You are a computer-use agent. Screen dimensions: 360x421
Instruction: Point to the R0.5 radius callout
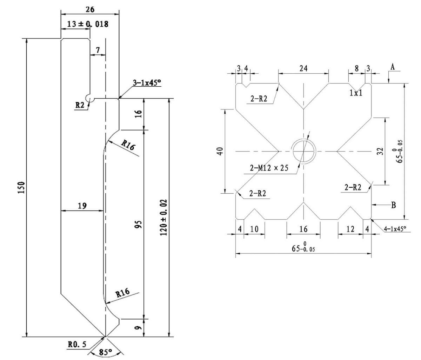(77, 345)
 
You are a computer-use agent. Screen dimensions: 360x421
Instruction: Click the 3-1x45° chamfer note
(147, 83)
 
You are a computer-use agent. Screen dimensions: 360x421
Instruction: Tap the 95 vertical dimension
(139, 225)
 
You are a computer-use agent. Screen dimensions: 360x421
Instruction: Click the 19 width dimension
(82, 206)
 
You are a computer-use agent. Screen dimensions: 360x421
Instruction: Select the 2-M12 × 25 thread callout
(269, 168)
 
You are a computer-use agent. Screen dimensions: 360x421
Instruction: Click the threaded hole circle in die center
(304, 151)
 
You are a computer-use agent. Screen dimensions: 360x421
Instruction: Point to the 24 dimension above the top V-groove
(303, 69)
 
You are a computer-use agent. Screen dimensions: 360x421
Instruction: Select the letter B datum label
(393, 205)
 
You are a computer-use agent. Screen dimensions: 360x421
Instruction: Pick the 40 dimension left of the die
(220, 152)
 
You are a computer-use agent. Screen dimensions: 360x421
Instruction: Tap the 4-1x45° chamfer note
(395, 228)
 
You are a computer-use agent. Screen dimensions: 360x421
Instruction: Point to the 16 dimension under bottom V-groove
(303, 229)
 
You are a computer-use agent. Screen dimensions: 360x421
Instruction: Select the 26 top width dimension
(90, 9)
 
